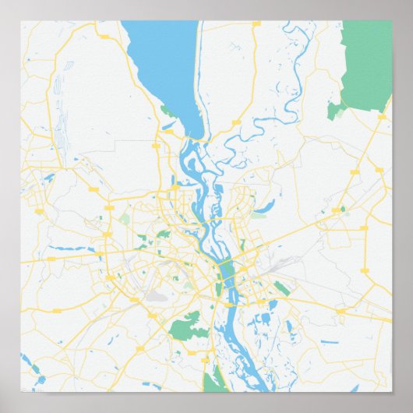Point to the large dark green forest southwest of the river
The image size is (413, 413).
point(188,325)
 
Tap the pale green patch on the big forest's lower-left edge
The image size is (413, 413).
point(335,111)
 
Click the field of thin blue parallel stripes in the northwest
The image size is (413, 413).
point(61,117)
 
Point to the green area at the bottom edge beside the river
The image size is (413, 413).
point(211,382)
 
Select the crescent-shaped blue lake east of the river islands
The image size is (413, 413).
point(263,206)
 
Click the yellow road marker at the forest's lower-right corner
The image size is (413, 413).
point(382,116)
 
